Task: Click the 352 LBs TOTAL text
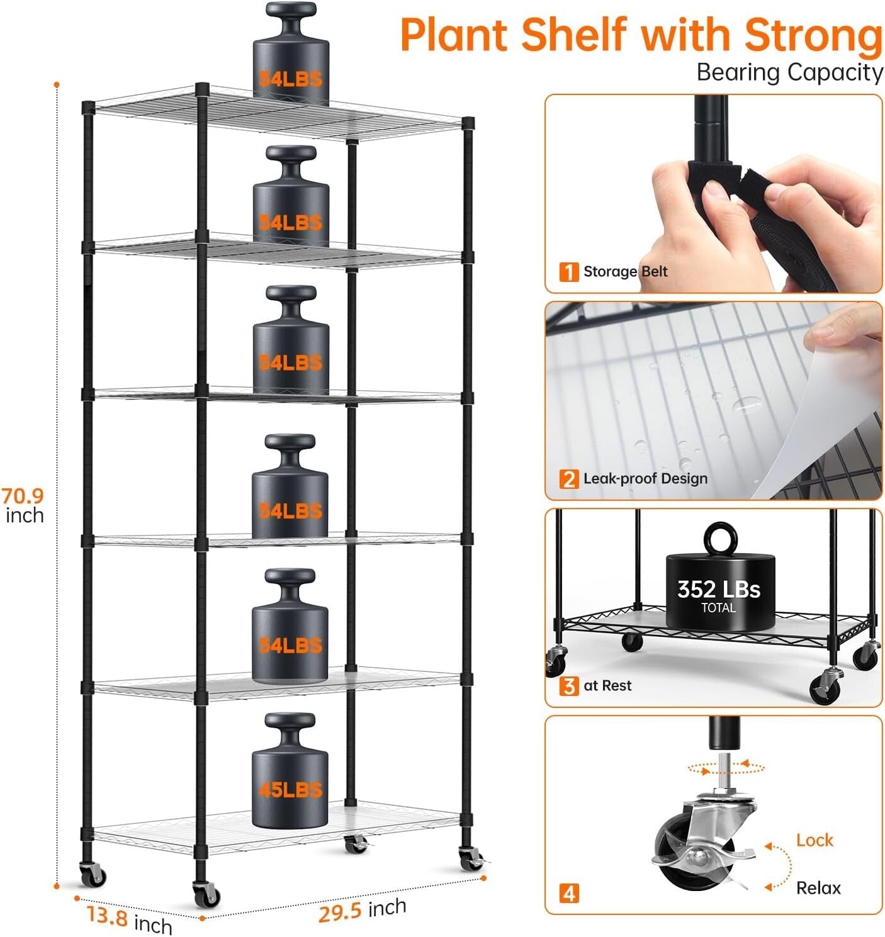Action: pos(718,595)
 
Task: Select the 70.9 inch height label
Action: pos(23,505)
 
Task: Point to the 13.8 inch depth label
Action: pos(129,919)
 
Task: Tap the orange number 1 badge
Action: pos(568,272)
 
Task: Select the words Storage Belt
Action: pos(625,272)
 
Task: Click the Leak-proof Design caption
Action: pos(645,479)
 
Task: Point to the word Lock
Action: pos(814,840)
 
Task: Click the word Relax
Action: pos(818,888)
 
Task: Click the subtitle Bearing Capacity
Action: pos(789,72)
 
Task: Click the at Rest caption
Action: pos(607,685)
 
